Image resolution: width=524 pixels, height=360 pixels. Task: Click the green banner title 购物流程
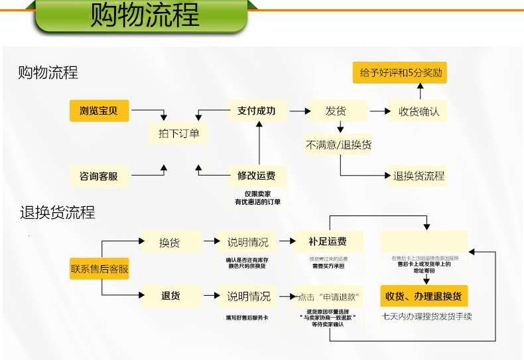pyautogui.click(x=145, y=16)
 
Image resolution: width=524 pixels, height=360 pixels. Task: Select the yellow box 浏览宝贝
pyautogui.click(x=99, y=111)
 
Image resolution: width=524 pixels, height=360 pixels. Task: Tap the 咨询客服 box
pyautogui.click(x=99, y=176)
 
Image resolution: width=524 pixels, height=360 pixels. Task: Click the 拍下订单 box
pyautogui.click(x=178, y=133)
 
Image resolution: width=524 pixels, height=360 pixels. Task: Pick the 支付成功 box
pyautogui.click(x=257, y=111)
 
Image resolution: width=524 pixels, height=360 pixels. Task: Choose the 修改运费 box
pyautogui.click(x=257, y=176)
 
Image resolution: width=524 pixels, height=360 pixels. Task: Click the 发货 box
pyautogui.click(x=336, y=111)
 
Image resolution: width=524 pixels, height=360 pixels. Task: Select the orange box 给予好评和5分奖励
pyautogui.click(x=400, y=73)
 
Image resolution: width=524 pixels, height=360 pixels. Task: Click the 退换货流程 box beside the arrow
pyautogui.click(x=419, y=176)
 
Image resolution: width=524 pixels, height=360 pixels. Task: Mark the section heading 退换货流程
pyautogui.click(x=57, y=213)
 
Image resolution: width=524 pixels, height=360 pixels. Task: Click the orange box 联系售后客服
pyautogui.click(x=99, y=269)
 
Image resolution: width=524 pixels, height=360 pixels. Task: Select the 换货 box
pyautogui.click(x=170, y=242)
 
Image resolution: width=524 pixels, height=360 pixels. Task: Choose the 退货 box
pyautogui.click(x=170, y=296)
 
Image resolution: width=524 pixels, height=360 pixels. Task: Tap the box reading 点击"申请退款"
pyautogui.click(x=328, y=296)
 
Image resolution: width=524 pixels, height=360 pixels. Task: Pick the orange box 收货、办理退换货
pyautogui.click(x=425, y=296)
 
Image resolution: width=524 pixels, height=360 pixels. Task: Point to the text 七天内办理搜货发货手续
pyautogui.click(x=426, y=316)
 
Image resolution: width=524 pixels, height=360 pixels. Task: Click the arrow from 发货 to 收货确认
pyautogui.click(x=380, y=111)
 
